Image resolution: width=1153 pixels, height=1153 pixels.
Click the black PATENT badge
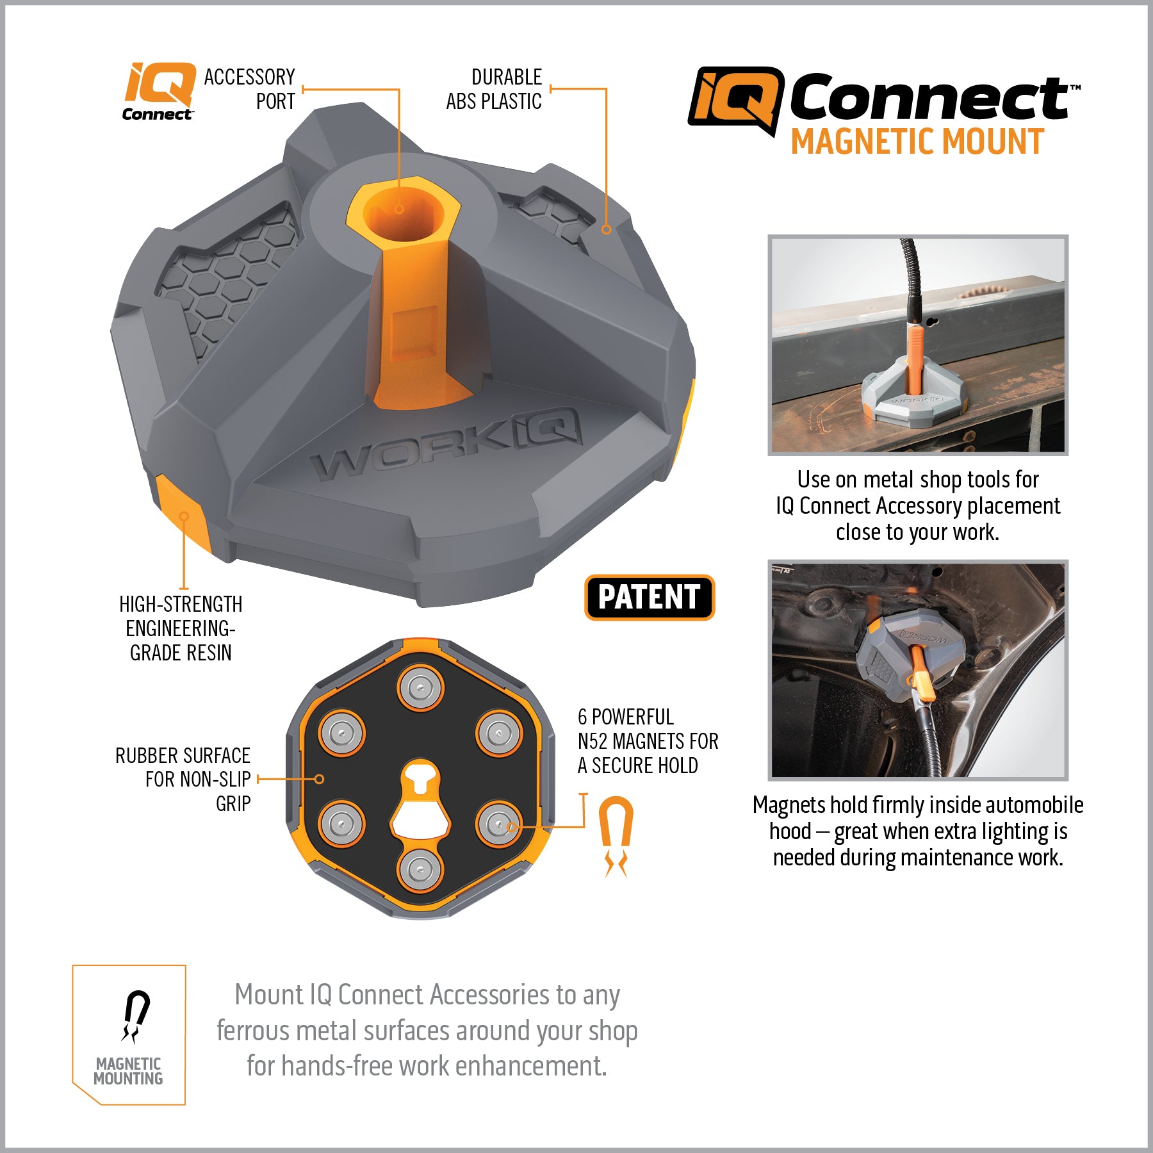tap(649, 597)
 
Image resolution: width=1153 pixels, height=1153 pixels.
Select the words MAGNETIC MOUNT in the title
tap(917, 142)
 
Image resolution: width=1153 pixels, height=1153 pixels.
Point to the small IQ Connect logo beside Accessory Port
tap(159, 92)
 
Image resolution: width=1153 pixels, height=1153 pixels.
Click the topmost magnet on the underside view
tap(420, 688)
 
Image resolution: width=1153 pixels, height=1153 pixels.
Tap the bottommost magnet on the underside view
tap(420, 869)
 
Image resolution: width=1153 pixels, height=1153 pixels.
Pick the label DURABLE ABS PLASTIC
tap(494, 89)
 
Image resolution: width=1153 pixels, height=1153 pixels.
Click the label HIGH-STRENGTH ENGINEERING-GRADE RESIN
tap(181, 628)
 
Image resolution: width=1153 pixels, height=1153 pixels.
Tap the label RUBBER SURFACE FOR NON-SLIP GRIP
tap(183, 779)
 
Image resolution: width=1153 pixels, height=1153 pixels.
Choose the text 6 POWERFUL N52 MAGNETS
tap(648, 729)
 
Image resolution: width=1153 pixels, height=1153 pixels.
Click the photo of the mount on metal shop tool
tap(918, 345)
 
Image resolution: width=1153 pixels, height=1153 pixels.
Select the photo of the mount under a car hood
tap(918, 670)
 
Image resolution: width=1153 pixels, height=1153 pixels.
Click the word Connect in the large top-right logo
tap(929, 98)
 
